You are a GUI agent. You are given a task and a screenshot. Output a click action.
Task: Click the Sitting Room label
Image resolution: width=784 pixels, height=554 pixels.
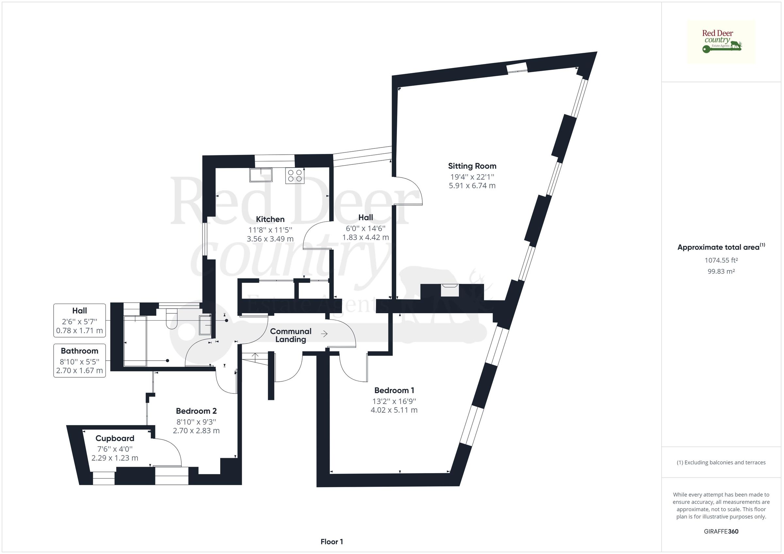point(472,166)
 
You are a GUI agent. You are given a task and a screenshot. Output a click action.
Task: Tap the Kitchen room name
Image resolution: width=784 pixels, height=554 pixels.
point(270,219)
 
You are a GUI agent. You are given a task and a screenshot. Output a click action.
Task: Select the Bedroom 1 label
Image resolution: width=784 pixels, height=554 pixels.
point(394,390)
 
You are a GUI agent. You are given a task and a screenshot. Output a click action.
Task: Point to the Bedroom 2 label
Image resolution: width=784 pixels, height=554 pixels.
point(196,411)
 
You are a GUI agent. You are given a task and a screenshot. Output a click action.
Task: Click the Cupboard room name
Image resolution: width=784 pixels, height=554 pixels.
point(115,439)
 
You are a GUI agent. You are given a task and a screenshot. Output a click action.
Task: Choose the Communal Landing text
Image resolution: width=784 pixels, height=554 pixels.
point(291,335)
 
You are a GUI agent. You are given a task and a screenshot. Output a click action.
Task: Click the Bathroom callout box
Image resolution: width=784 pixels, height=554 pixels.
point(80,361)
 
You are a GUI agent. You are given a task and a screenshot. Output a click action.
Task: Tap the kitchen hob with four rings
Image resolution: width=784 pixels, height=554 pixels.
point(295,176)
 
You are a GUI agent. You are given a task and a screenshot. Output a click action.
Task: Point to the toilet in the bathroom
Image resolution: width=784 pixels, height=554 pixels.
point(171,318)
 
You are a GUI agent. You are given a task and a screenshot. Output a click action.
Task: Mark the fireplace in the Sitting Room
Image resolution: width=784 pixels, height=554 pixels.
point(450,290)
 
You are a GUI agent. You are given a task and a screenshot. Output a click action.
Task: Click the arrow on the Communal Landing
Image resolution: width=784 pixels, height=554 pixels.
point(324,334)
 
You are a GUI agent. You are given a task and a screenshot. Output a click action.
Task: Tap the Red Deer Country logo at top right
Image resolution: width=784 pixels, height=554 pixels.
point(721,42)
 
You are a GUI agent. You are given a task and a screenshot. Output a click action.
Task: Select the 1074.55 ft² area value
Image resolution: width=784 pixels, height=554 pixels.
point(721,260)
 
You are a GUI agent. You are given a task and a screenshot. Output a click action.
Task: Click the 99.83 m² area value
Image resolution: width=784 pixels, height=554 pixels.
point(721,271)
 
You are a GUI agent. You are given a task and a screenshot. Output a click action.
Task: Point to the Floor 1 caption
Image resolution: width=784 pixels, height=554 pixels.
point(332,542)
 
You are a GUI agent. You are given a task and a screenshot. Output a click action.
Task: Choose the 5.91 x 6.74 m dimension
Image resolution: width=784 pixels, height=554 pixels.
point(472,186)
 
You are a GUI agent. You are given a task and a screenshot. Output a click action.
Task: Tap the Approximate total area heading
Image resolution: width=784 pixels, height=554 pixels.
point(721,247)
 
